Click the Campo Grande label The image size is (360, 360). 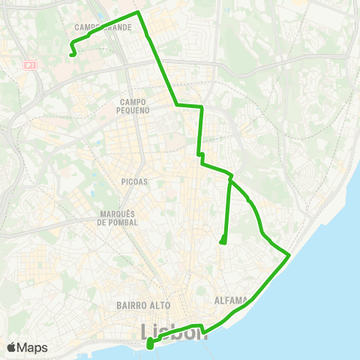[104, 27]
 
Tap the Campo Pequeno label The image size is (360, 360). [135, 105]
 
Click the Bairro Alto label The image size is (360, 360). [144, 305]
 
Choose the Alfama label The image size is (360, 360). [230, 300]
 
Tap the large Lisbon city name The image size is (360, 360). [174, 331]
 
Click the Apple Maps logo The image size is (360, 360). [27, 348]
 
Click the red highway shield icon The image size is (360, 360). [30, 65]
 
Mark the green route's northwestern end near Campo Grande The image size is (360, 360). [71, 54]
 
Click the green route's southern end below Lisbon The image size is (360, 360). [150, 345]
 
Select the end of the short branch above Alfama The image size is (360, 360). [223, 241]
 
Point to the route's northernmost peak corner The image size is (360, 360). [138, 13]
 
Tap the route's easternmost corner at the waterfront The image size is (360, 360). [289, 256]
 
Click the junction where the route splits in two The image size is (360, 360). [230, 179]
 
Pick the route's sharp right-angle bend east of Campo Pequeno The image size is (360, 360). [202, 108]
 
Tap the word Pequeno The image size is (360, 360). [135, 109]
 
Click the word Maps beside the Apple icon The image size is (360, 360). [34, 348]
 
